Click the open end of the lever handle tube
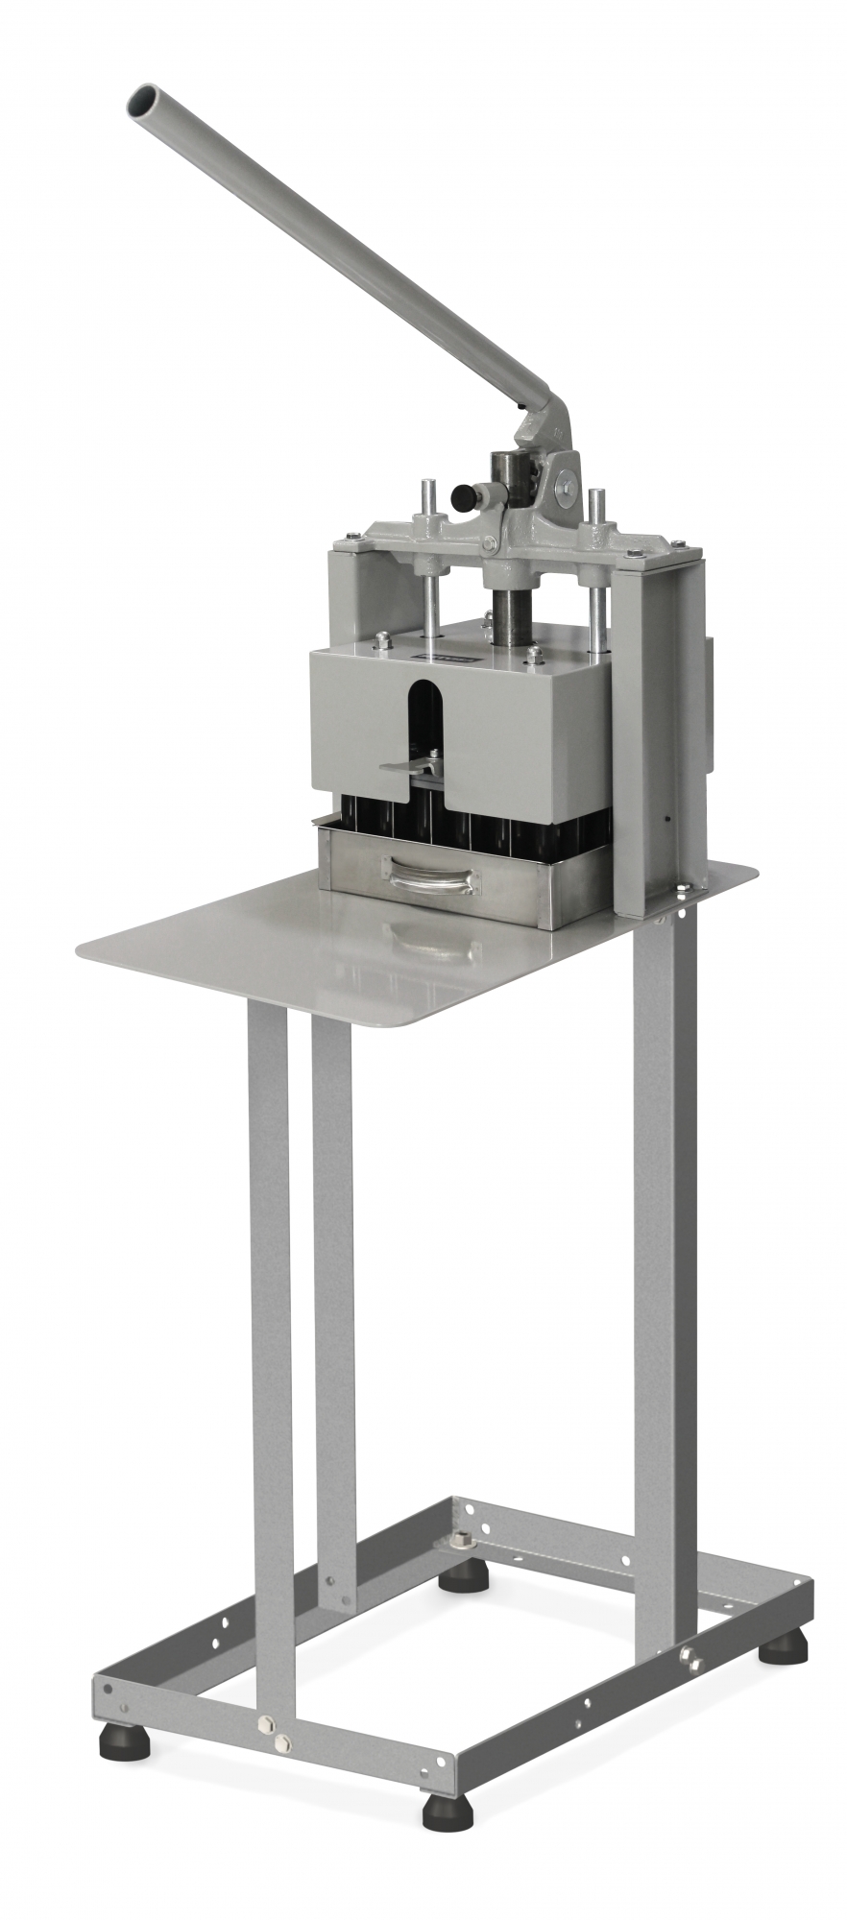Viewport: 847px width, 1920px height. (x=144, y=99)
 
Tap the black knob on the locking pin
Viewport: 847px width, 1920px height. (x=465, y=496)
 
